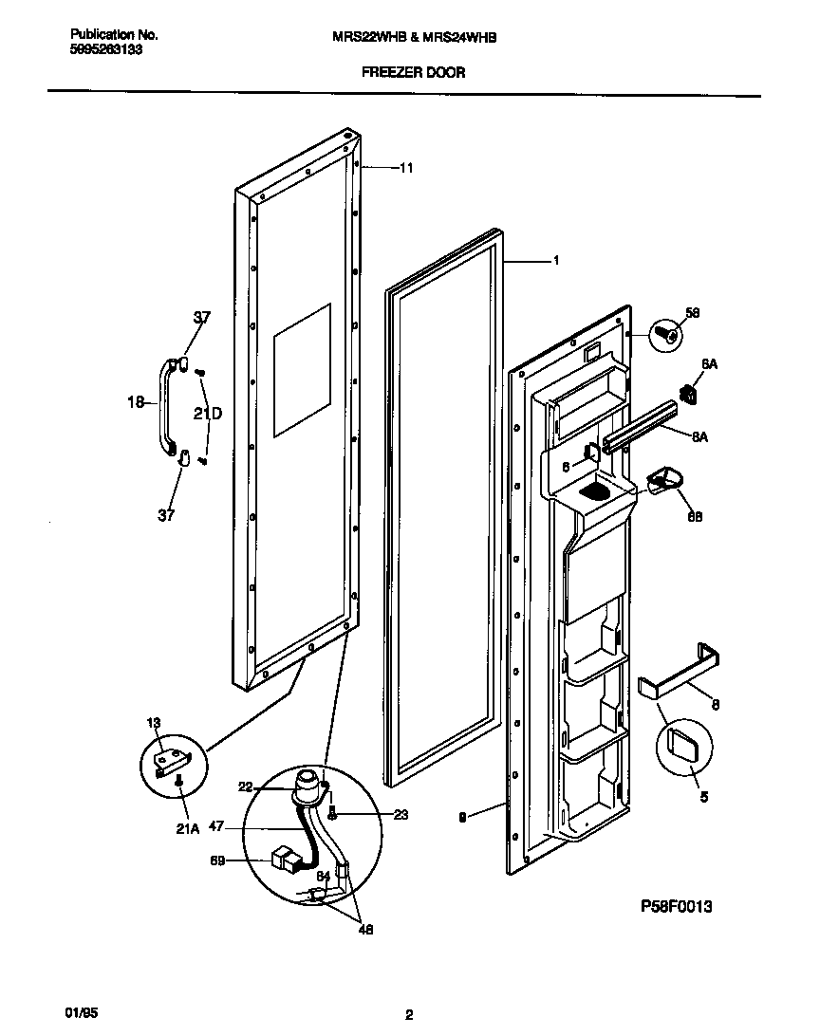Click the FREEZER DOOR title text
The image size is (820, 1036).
pyautogui.click(x=413, y=72)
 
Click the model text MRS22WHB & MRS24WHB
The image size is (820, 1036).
pyautogui.click(x=413, y=36)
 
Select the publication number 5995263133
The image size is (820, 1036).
pyautogui.click(x=106, y=50)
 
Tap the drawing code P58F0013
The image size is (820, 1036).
pyautogui.click(x=677, y=906)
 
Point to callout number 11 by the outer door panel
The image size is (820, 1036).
pyautogui.click(x=405, y=168)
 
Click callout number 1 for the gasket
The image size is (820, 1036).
pyautogui.click(x=556, y=260)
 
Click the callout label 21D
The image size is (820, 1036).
pyautogui.click(x=208, y=414)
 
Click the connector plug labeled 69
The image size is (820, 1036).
pyautogui.click(x=284, y=860)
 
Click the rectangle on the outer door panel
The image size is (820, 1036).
pyautogui.click(x=302, y=370)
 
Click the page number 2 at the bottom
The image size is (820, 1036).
pyautogui.click(x=409, y=1015)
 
